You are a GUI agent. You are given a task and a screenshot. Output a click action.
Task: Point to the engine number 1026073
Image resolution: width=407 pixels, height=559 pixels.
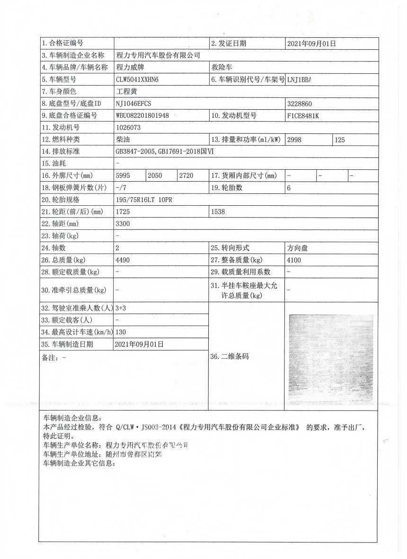[128, 127]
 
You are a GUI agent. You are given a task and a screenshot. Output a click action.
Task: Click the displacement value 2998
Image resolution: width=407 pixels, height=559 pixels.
[294, 140]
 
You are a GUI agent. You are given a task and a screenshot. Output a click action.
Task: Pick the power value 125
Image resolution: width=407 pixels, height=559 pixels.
[340, 140]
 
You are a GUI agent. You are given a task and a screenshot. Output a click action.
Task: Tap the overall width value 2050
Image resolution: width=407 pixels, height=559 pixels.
[155, 175]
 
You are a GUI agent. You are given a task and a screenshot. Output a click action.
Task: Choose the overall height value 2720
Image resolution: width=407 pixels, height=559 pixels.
[186, 175]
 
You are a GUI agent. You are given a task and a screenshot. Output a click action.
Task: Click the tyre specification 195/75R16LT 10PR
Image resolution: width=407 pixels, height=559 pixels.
[144, 200]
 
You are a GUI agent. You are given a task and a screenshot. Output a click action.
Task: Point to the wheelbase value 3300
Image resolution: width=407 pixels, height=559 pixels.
[123, 224]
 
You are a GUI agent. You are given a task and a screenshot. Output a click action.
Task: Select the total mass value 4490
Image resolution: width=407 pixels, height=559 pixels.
[123, 260]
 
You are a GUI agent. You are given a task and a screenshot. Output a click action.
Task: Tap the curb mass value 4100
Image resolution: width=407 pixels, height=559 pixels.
[294, 260]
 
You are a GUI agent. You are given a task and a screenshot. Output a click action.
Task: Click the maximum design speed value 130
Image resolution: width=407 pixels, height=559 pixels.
[121, 332]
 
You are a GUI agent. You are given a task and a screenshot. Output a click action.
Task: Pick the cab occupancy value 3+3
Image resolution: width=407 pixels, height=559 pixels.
[121, 308]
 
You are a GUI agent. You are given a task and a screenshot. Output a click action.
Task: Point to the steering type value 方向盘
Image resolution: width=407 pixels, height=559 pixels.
[297, 248]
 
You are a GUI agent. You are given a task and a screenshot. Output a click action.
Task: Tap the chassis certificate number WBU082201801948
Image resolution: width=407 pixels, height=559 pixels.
[142, 115]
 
